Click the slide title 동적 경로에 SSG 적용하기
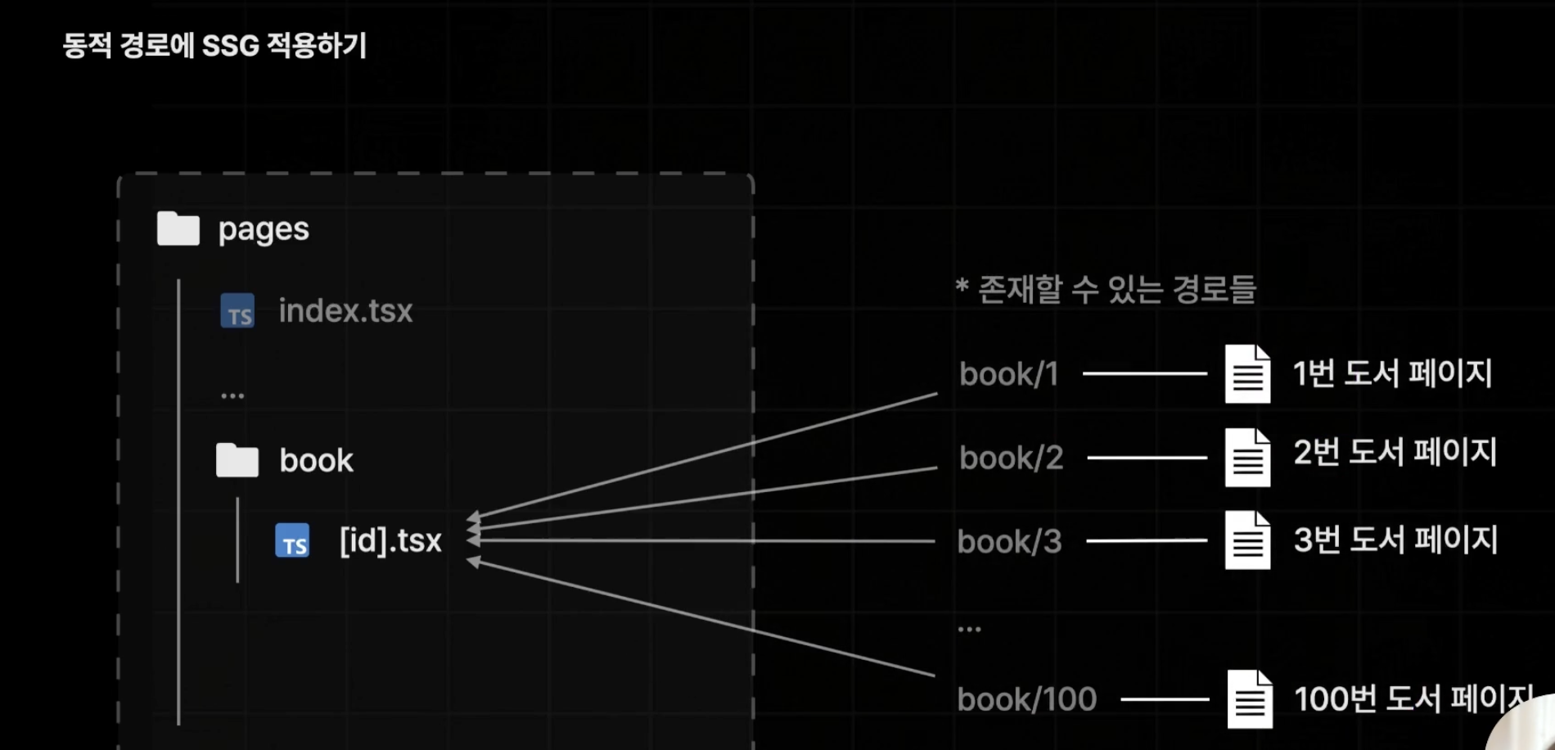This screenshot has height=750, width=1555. click(x=214, y=45)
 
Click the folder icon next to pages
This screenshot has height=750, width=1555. click(x=178, y=228)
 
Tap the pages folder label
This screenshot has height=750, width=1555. click(x=264, y=230)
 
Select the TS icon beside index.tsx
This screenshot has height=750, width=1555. click(x=237, y=311)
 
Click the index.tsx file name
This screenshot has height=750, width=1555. click(x=345, y=311)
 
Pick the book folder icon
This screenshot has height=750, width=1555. click(x=237, y=460)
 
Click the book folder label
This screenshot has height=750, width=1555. click(x=316, y=461)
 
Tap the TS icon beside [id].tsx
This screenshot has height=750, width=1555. click(x=292, y=540)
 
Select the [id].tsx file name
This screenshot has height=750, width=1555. click(x=390, y=541)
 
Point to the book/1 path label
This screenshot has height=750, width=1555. click(x=1009, y=374)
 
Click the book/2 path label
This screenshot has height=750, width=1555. click(x=1012, y=458)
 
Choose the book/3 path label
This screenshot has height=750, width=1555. click(x=1010, y=541)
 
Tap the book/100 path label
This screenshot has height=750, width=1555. click(x=1027, y=699)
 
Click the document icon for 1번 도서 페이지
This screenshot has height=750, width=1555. click(x=1247, y=374)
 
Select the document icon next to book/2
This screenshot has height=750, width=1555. click(x=1247, y=458)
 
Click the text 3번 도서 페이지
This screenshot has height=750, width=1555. click(x=1395, y=540)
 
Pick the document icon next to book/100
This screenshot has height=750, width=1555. click(x=1250, y=699)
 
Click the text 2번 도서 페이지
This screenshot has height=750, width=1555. click(x=1395, y=452)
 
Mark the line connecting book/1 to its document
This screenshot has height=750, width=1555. click(x=1144, y=373)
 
